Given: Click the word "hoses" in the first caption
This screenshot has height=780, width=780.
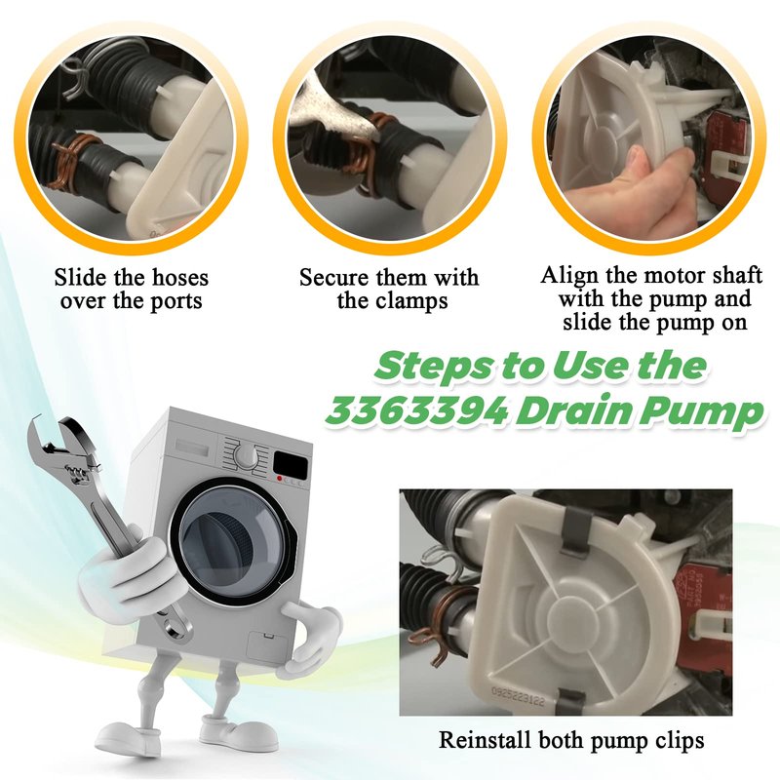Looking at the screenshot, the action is coord(179,278).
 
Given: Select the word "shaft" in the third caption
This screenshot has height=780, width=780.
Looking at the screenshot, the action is coord(733,275).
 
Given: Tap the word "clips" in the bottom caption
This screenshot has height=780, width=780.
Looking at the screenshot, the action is coord(679,741).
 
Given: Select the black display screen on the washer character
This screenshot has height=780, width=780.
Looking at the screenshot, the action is coord(291,464).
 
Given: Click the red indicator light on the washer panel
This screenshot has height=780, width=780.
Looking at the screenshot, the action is coord(280,479).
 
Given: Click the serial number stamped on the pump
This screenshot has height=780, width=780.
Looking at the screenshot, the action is coord(518,696).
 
